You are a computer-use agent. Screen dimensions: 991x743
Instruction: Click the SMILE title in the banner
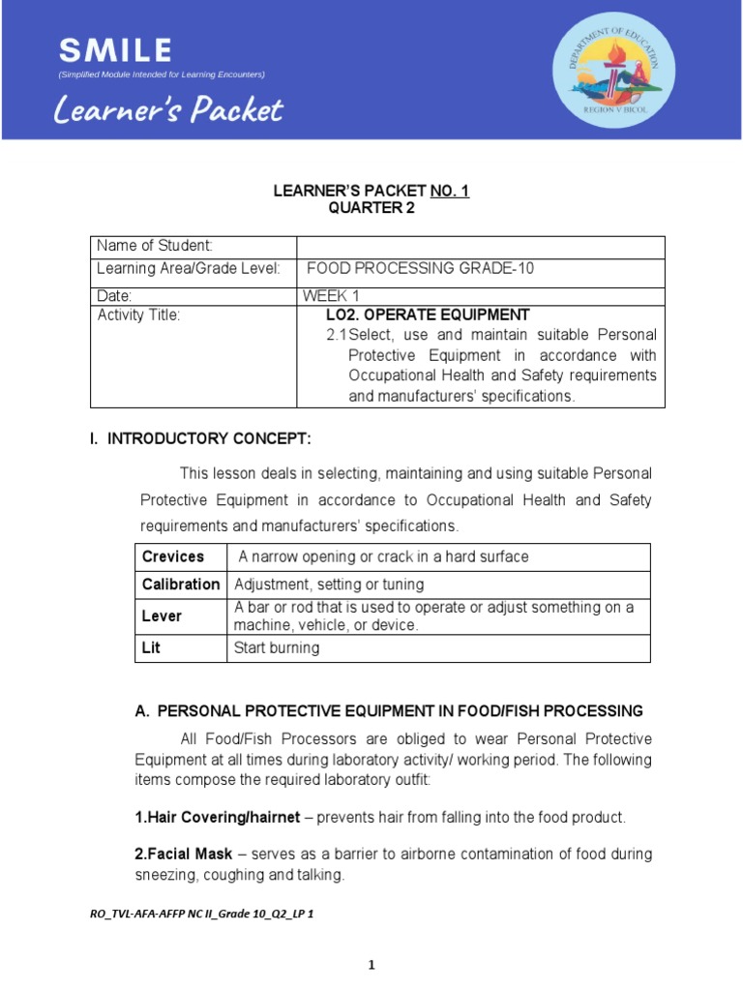click(115, 50)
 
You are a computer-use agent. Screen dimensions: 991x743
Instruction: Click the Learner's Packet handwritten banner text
click(168, 110)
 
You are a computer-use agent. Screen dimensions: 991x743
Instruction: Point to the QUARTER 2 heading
click(371, 207)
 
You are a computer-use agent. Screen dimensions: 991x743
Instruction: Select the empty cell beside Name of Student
click(481, 247)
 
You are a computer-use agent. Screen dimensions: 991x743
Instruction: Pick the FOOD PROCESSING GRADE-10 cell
click(420, 268)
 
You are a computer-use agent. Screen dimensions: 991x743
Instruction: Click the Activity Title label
click(139, 315)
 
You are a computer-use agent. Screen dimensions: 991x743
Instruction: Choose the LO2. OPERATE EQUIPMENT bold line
click(428, 315)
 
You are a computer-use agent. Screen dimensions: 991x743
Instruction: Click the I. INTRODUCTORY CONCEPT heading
click(200, 439)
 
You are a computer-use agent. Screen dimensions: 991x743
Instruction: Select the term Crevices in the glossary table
click(173, 556)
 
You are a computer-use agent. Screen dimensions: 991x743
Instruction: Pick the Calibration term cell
click(181, 585)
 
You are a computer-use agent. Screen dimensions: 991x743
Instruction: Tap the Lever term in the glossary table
click(162, 616)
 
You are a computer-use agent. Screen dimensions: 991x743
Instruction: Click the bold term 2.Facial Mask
click(184, 854)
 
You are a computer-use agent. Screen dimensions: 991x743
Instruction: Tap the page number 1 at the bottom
click(371, 965)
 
